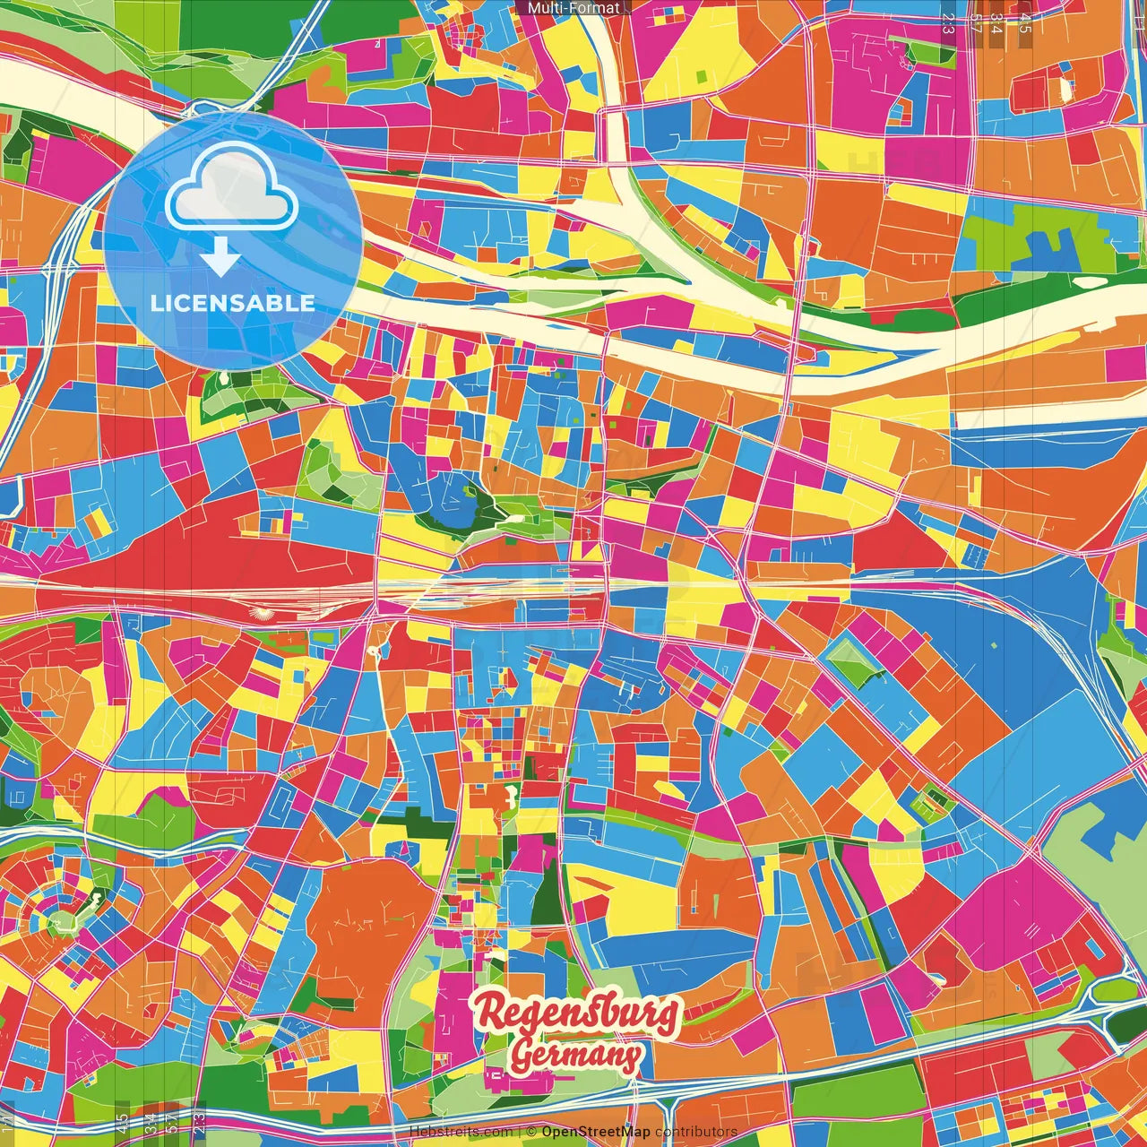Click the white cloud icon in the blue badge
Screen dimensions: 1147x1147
232,190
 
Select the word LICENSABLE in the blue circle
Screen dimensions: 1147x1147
232,303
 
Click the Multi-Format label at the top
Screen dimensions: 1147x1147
573,8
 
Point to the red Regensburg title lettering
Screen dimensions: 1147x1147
577,1013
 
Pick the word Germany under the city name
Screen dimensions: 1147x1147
575,1055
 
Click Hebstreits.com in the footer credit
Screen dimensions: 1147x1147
461,1132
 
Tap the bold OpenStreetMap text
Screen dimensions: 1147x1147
595,1132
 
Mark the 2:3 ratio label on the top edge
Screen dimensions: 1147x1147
948,23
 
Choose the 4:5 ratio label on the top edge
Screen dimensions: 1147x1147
1025,23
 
